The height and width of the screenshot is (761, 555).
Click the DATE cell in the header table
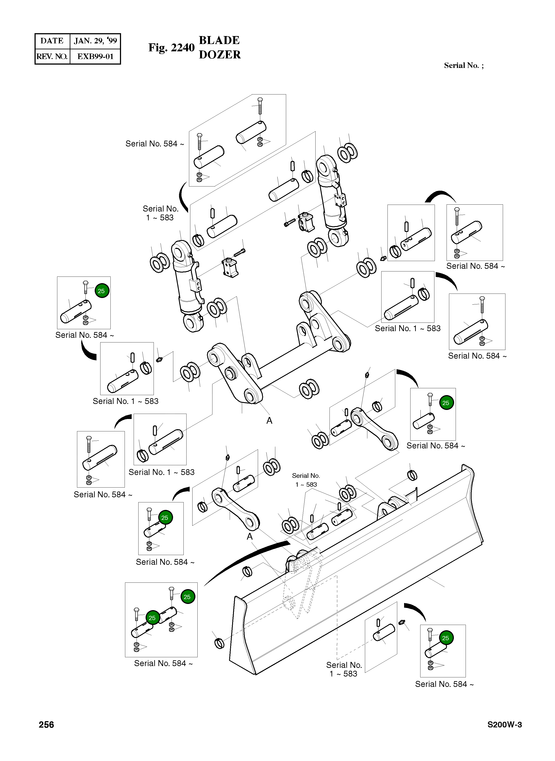click(52, 41)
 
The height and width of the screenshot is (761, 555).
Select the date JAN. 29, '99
click(95, 41)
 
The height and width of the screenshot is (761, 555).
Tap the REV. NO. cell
click(52, 56)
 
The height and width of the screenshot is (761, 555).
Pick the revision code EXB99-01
click(95, 56)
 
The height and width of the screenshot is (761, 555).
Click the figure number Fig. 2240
click(171, 48)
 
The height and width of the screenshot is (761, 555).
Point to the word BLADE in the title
click(219, 40)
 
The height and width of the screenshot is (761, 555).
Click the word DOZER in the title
click(220, 55)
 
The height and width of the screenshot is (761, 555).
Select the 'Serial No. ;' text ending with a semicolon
click(464, 65)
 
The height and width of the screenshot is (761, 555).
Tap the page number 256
click(46, 724)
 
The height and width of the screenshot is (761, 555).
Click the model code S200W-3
click(505, 724)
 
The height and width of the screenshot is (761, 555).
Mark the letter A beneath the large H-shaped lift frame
click(269, 421)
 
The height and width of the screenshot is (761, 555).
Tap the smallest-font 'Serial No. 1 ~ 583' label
click(306, 480)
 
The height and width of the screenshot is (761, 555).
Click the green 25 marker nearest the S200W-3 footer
click(445, 638)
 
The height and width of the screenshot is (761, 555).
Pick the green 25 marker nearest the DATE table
click(101, 291)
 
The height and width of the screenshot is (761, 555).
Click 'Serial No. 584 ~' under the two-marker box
click(163, 663)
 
